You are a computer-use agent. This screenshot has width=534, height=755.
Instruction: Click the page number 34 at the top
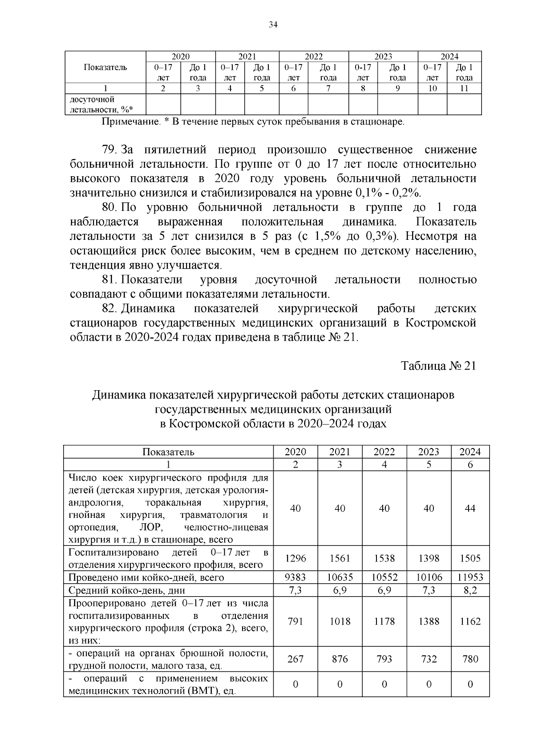273,25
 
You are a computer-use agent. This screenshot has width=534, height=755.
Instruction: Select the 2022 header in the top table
314,57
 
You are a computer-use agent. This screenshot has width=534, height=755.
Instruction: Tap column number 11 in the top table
464,88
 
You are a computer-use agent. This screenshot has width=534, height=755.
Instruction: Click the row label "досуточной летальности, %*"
101,105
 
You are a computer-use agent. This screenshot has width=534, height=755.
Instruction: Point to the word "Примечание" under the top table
130,121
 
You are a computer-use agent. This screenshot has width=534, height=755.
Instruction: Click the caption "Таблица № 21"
438,366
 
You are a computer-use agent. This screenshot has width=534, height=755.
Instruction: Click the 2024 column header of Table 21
470,452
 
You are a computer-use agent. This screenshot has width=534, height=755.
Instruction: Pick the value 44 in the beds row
470,509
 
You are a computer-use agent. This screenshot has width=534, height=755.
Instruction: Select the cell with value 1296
295,558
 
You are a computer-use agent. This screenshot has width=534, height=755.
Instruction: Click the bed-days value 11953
470,577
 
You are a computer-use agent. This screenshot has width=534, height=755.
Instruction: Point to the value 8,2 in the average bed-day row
470,590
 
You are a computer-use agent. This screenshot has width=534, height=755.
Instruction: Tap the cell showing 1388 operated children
429,622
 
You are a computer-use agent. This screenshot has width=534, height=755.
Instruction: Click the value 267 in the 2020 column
295,659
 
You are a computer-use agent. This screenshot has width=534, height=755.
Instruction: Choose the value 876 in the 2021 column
340,659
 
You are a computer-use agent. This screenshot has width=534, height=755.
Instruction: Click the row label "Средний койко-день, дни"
127,590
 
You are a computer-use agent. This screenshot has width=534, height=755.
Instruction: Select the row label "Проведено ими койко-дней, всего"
146,577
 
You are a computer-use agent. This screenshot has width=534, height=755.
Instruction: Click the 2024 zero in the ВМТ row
470,684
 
